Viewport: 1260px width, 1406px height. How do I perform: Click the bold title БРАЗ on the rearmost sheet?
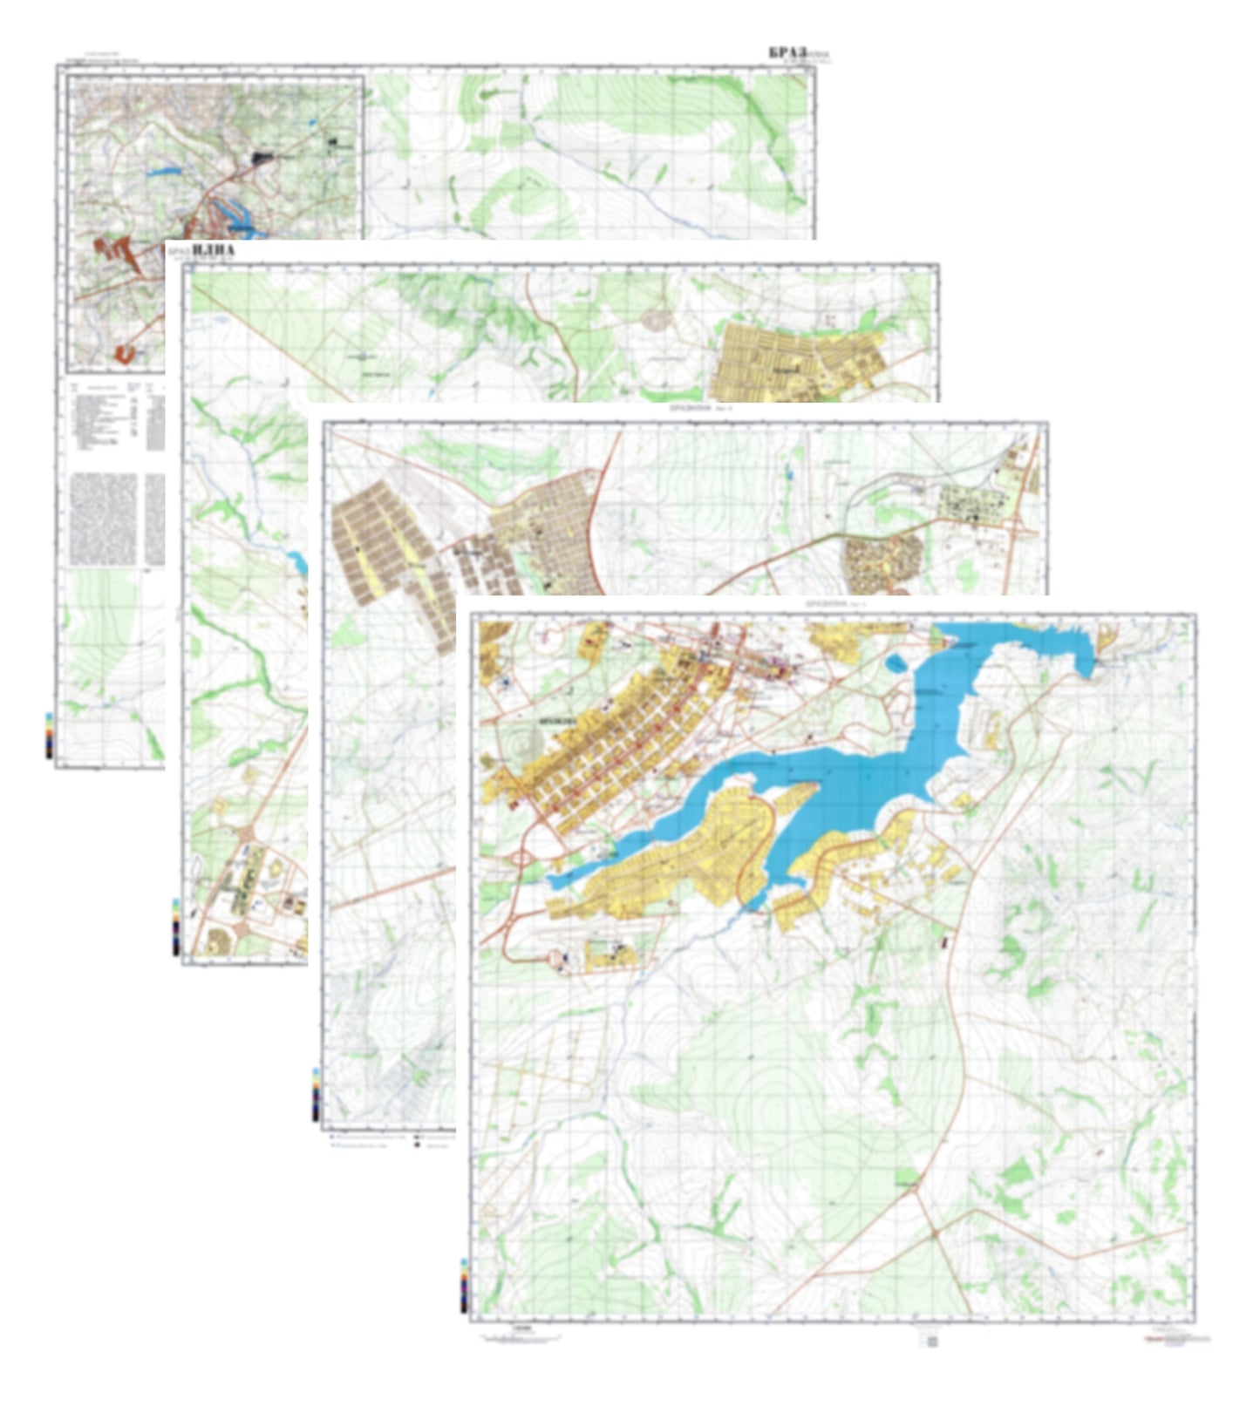tap(787, 53)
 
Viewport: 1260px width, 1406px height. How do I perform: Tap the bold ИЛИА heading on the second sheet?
tap(213, 252)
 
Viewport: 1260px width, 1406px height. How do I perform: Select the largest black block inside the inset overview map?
tap(262, 158)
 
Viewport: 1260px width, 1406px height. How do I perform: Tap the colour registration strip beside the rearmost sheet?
tap(50, 736)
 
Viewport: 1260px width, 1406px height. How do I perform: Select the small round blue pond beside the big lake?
tap(895, 665)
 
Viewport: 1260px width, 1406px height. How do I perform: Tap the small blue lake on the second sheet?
tap(299, 563)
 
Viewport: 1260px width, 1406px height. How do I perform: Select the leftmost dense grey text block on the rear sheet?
tap(103, 519)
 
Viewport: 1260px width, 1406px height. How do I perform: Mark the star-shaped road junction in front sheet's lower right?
tap(934, 1233)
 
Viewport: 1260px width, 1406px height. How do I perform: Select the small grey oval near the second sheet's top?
tap(656, 319)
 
